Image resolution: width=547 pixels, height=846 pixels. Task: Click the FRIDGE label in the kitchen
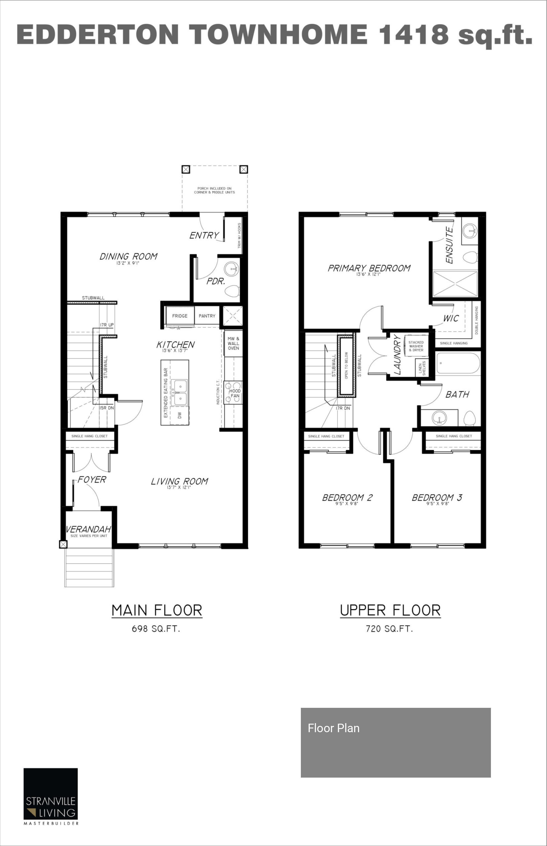point(180,316)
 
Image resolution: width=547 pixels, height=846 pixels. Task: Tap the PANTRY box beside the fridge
point(207,316)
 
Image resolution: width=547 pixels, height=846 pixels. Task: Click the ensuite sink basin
point(470,230)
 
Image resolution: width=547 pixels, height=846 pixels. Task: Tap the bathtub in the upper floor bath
point(458,363)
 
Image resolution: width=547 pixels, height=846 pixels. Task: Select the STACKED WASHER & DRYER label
point(416,346)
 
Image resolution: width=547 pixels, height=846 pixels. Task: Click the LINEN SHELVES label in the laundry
point(422,368)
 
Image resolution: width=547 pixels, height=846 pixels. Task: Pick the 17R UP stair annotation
point(107,325)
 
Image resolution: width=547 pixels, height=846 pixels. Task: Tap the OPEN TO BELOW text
point(346,365)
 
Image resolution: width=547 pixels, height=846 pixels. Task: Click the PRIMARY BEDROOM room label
point(369,268)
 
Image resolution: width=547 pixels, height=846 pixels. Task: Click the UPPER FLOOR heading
point(390,610)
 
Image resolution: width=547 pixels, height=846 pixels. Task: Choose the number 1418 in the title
point(414,34)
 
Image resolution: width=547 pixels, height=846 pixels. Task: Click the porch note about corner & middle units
point(214,190)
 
